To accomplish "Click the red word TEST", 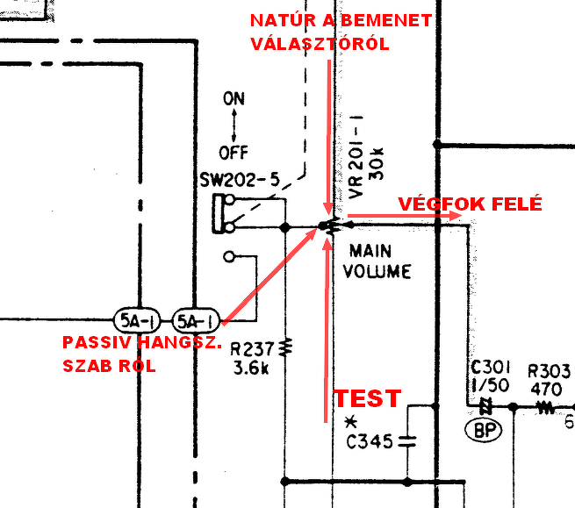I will [x=367, y=398].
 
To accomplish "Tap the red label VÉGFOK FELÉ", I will [x=470, y=204].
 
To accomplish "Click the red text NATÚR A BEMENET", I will [x=341, y=20].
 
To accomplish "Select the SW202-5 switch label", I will [x=240, y=180].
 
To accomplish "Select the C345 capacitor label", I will [x=368, y=441].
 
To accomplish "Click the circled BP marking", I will [x=481, y=431].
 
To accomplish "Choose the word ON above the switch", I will [x=234, y=99].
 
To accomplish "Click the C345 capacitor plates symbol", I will [x=406, y=441].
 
